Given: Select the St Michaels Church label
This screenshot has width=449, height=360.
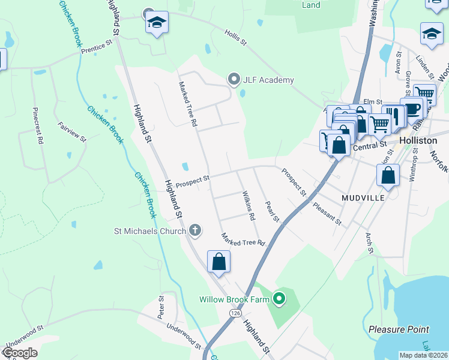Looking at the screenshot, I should tap(150, 230).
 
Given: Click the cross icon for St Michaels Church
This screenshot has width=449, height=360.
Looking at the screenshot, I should tap(194, 229).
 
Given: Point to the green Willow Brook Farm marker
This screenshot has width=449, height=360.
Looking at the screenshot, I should tap(278, 298).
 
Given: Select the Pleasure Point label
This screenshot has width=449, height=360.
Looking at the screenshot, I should tap(399, 329).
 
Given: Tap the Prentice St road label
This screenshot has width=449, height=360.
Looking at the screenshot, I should tap(97, 47).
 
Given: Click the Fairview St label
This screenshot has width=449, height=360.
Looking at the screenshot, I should tap(72, 131).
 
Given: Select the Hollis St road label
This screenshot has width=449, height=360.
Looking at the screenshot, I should tap(236, 38).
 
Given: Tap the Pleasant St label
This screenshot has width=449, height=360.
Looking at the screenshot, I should tap(327, 214).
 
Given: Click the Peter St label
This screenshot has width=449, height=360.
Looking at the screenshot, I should tap(161, 307).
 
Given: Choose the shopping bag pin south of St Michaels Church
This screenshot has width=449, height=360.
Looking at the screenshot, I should tap(219, 262).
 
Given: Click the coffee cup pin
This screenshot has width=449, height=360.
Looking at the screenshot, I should tap(412, 108).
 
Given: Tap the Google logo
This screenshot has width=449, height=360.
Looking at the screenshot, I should tap(19, 353).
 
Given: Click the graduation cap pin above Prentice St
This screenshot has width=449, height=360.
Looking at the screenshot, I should tap(157, 23).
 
